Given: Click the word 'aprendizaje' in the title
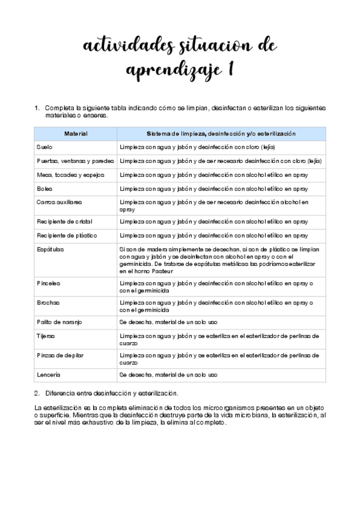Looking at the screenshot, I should coord(169,70).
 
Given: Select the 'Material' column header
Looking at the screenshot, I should coord(76,134).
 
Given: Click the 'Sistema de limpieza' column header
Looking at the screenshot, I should coord(221,134).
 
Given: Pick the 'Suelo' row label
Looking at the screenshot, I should coord(44,147).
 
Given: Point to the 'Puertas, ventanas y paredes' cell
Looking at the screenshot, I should coord(75,161).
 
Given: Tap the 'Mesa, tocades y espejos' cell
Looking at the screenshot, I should coord(70,175).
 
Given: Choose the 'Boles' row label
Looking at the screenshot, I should coord(44,189).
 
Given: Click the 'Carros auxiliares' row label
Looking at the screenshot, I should coord(59,203).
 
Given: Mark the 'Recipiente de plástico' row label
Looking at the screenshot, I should coord(67,235).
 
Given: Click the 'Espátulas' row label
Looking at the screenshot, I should coord(50,249).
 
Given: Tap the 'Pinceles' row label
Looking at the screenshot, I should coord(49,282).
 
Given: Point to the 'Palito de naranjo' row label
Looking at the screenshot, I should coord(59,322).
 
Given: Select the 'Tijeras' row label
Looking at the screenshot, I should coord(46,336).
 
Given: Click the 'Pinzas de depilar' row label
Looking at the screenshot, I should coord(60,355).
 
